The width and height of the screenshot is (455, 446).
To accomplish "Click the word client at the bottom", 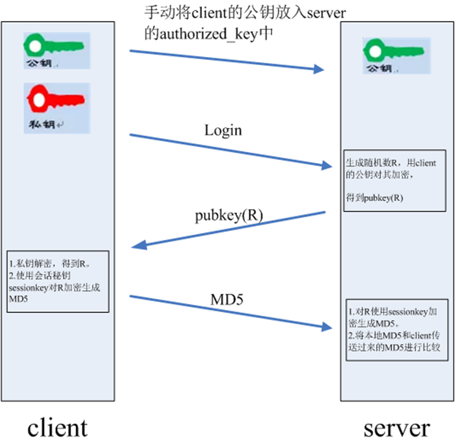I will pos(57,426).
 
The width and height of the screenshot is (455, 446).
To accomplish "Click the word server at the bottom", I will pos(396,427).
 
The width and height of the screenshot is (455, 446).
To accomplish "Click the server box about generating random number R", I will pos(394,180).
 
